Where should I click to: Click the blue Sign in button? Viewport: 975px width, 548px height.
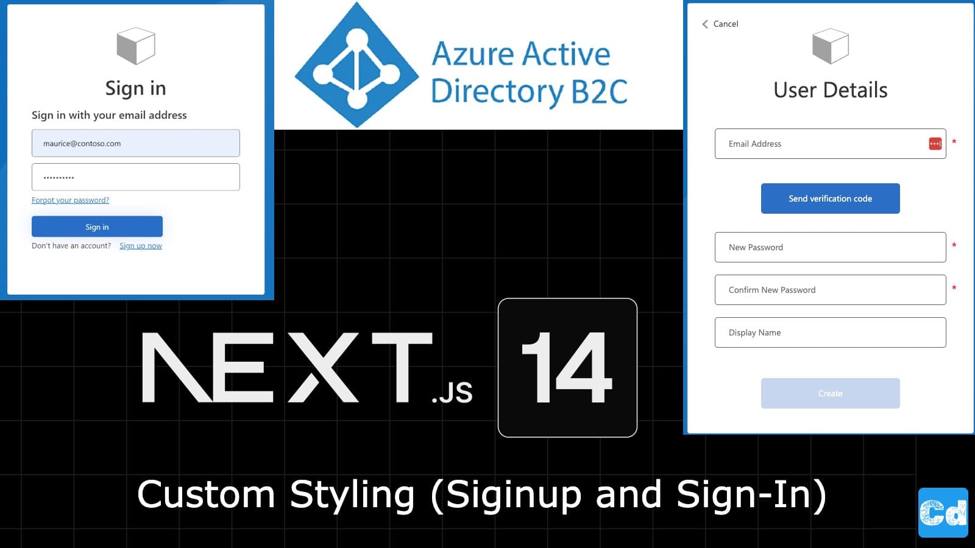(x=97, y=227)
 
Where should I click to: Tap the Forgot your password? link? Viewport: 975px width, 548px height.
(x=70, y=200)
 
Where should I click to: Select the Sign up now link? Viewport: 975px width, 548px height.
(x=141, y=246)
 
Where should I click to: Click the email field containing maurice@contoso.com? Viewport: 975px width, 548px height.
(x=135, y=143)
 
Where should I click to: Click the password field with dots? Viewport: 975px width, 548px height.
(x=135, y=177)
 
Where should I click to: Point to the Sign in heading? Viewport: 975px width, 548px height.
(x=135, y=88)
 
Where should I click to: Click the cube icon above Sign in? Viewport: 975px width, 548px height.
(x=135, y=46)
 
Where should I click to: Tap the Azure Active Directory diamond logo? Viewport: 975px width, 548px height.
(x=356, y=65)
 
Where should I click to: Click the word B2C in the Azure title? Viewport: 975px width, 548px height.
(x=599, y=92)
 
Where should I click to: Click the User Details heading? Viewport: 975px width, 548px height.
(x=830, y=90)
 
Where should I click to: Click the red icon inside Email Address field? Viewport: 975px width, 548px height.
(x=935, y=144)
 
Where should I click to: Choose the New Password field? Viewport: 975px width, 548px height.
(x=830, y=247)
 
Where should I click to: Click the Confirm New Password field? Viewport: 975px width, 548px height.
(x=830, y=290)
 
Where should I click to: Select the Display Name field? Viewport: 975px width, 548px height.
(x=830, y=332)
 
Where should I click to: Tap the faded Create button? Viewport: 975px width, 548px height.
(x=830, y=393)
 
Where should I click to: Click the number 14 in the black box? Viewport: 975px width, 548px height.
(x=567, y=368)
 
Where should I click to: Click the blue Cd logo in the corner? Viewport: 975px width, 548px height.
(x=943, y=513)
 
